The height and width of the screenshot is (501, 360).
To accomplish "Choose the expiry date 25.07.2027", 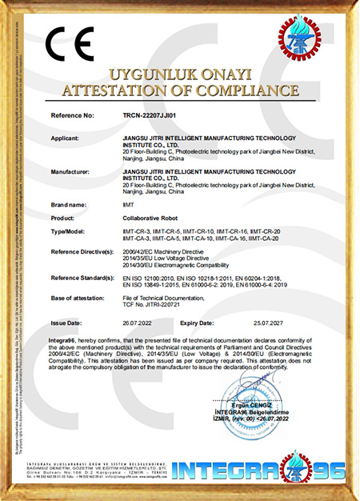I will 264,323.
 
